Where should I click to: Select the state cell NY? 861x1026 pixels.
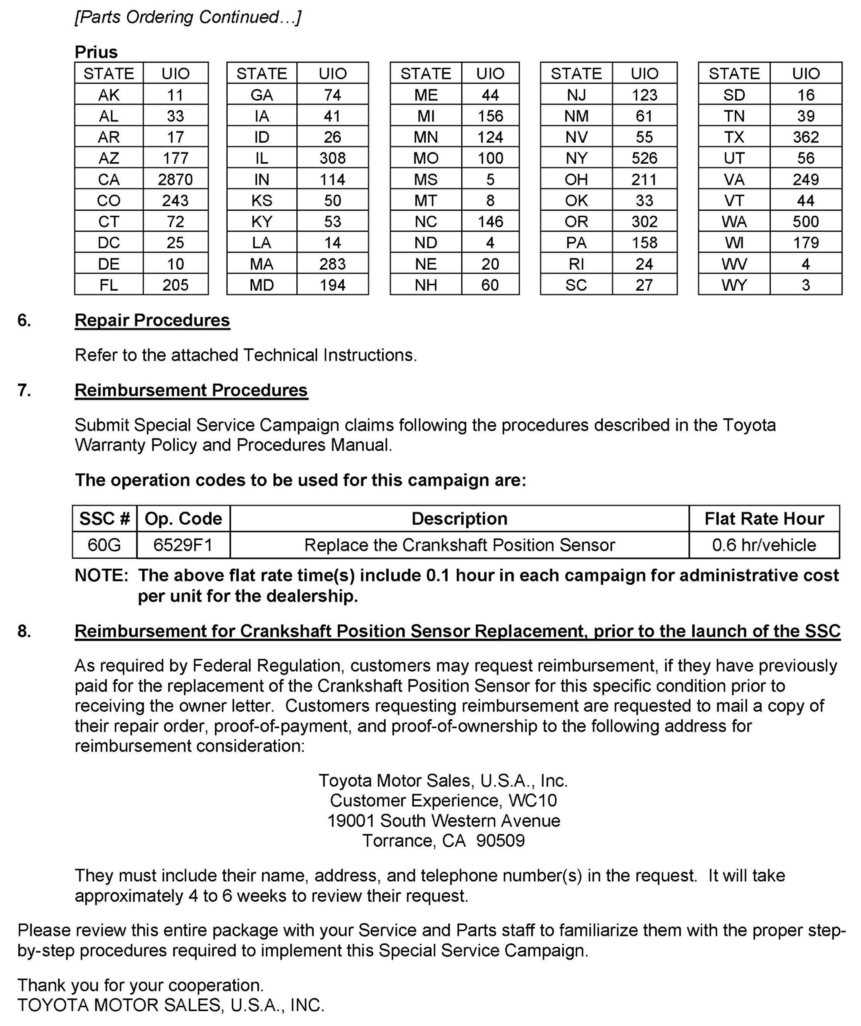(576, 158)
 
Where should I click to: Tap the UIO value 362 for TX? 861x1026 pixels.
(805, 137)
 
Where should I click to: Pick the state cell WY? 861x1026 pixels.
(734, 285)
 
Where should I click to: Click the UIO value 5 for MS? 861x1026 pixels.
(490, 179)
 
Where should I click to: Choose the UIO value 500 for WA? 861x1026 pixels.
(805, 222)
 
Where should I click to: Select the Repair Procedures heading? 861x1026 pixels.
(152, 320)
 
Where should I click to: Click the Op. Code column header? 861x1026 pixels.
(183, 519)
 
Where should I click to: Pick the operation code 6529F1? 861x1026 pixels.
(183, 545)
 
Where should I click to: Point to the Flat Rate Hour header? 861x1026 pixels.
(764, 519)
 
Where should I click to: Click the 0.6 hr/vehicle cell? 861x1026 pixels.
(764, 545)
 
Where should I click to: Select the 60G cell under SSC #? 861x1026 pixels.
(104, 545)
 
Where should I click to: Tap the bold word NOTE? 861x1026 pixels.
(101, 576)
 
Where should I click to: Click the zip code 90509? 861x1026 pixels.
(500, 841)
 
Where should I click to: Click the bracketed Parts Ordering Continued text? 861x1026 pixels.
(188, 17)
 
